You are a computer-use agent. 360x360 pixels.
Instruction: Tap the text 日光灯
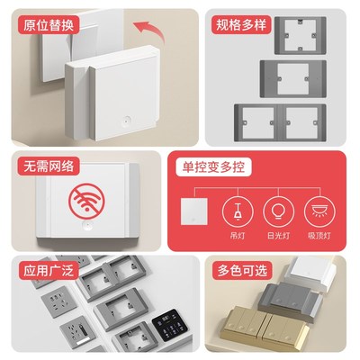click(x=276, y=237)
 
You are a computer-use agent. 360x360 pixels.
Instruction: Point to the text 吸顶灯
click(x=316, y=237)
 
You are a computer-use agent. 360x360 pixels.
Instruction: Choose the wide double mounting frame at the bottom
click(x=280, y=121)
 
